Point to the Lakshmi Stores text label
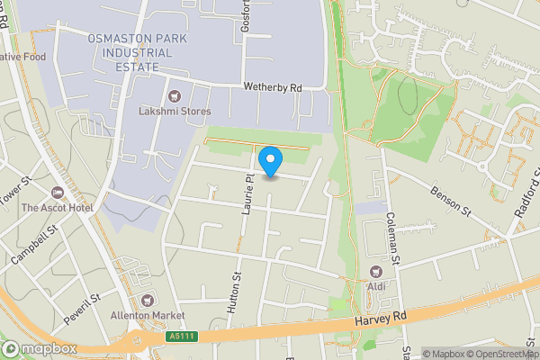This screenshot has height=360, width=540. pos(175,112)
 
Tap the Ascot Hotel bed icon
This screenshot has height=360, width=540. pos(58,193)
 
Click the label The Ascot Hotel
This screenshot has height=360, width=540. pos(57,208)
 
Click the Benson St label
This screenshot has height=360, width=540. pos(451,202)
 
